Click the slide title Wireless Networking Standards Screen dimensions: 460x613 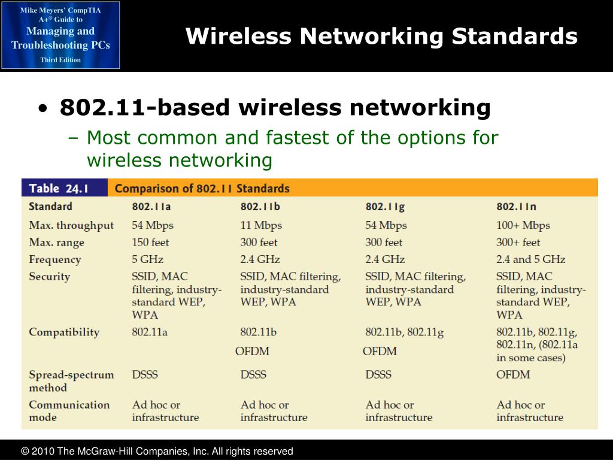pyautogui.click(x=381, y=37)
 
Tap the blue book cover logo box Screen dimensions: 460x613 pyautogui.click(x=60, y=35)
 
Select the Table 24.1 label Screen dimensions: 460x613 pyautogui.click(x=59, y=188)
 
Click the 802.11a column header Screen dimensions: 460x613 pyautogui.click(x=152, y=207)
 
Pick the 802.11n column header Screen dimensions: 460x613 pyautogui.click(x=516, y=207)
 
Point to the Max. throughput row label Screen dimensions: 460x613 pyautogui.click(x=71, y=225)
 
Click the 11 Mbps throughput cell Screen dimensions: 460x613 pyautogui.click(x=261, y=225)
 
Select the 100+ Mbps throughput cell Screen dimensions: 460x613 pyautogui.click(x=523, y=225)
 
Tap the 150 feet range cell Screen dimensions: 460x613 pyautogui.click(x=150, y=243)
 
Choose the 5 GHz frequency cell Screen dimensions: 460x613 pyautogui.click(x=147, y=259)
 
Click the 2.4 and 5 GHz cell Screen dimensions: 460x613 pyautogui.click(x=530, y=259)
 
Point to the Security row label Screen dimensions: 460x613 pyautogui.click(x=50, y=277)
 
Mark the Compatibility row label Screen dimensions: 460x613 pyautogui.click(x=64, y=332)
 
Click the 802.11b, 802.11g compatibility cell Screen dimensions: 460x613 pyautogui.click(x=404, y=332)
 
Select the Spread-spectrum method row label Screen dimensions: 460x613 pyautogui.click(x=71, y=381)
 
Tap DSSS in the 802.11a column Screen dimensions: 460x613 pyautogui.click(x=145, y=374)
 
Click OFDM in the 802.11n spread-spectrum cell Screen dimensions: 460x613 pyautogui.click(x=513, y=374)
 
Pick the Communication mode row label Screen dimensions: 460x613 pyautogui.click(x=69, y=411)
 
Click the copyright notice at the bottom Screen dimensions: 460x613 pyautogui.click(x=157, y=451)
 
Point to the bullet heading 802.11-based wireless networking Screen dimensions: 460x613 pyautogui.click(x=275, y=108)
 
